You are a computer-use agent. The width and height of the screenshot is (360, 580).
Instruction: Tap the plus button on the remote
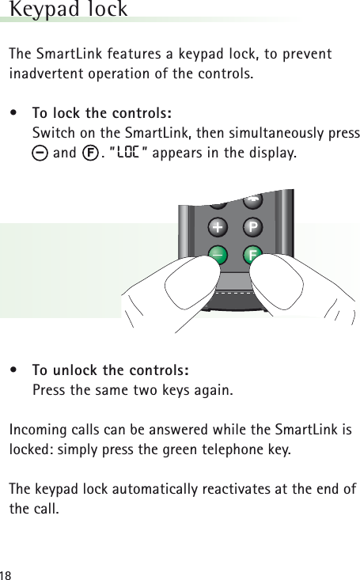(218, 227)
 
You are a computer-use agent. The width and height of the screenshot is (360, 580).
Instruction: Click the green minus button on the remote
(217, 255)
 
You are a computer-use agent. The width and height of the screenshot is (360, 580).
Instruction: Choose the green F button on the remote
(252, 256)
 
